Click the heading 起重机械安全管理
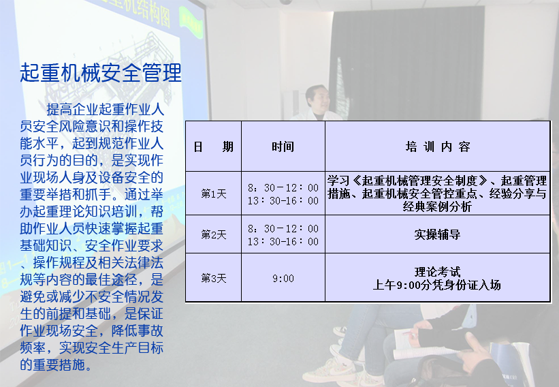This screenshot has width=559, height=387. pos(101,72)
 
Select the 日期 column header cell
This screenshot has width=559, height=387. pos(213,146)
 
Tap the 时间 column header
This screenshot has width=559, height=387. pos(283,146)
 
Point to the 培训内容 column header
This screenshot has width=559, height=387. pos(437,146)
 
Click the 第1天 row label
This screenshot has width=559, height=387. pos(213,193)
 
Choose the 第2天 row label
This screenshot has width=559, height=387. pos(213,234)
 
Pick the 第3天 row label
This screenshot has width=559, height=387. pos(213,278)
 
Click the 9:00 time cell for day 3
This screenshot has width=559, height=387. pos(283,278)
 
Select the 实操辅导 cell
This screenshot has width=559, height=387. pos(437,234)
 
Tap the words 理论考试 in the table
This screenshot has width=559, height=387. pos(437,272)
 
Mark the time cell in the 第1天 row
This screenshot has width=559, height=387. pos(283,193)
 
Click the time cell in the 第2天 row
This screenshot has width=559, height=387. pos(283,234)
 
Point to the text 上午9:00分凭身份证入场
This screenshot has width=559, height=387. pos(437,285)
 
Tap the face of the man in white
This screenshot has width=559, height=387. pos(317,97)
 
